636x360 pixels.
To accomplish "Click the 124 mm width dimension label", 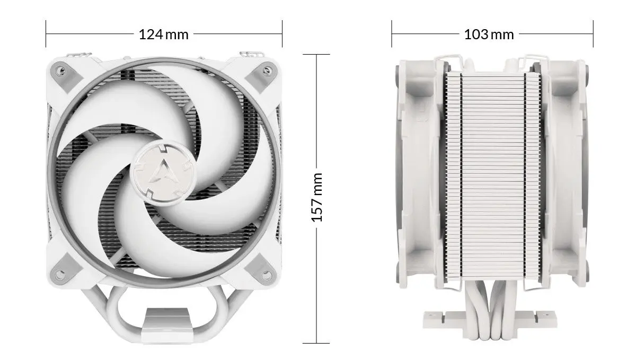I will pyautogui.click(x=163, y=34).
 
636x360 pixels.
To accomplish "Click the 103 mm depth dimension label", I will pyautogui.click(x=489, y=34).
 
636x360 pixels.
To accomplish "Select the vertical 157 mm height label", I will pyautogui.click(x=316, y=197).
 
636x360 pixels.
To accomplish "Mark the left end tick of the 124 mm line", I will pyautogui.click(x=46, y=34).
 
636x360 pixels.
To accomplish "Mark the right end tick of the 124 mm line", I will pyautogui.click(x=282, y=34).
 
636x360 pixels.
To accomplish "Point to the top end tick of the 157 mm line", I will pyautogui.click(x=316, y=54).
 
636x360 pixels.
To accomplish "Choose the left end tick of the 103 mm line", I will pyautogui.click(x=392, y=34).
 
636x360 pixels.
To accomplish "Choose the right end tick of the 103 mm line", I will pyautogui.click(x=593, y=34).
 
